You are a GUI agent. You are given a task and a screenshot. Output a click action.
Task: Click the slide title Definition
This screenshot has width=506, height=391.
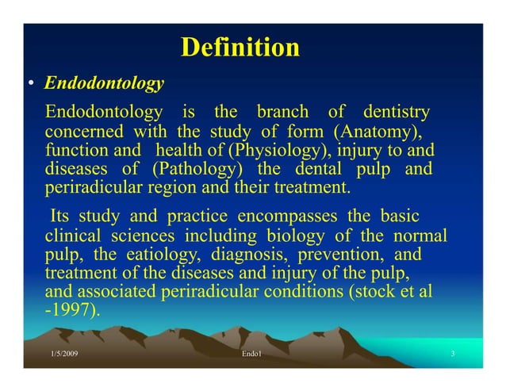240,48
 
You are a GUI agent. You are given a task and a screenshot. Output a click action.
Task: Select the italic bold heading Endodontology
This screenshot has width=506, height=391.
104,83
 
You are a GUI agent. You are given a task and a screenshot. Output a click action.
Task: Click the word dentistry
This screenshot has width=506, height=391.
397,111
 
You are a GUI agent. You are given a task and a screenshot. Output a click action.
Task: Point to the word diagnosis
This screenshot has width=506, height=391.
253,255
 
